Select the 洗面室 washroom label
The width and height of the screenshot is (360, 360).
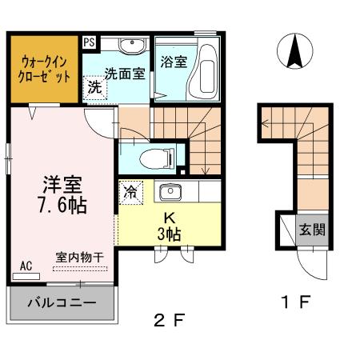125,74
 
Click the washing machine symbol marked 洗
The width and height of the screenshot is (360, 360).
94,86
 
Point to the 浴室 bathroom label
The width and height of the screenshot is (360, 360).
174,62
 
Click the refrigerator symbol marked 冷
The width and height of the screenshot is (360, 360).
130,192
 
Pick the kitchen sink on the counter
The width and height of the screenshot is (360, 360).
170,192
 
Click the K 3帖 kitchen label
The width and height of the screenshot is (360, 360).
170,226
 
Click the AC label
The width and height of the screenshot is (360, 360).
26,265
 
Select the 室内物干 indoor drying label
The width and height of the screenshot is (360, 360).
79,258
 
